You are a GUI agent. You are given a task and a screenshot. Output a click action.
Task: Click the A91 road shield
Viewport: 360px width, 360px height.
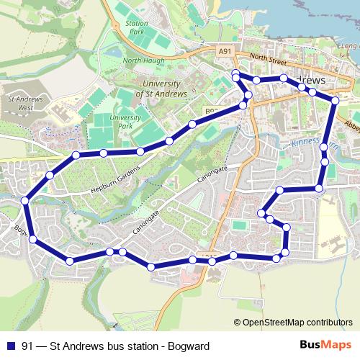(x=225, y=51)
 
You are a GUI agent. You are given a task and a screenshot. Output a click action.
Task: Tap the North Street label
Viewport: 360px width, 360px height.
(x=263, y=59)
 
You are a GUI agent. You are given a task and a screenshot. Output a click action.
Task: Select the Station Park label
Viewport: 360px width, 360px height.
(x=135, y=28)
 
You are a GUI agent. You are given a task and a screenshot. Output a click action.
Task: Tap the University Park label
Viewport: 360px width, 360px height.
(x=125, y=121)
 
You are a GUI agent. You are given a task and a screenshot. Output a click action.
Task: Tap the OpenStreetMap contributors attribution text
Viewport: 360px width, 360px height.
(x=297, y=322)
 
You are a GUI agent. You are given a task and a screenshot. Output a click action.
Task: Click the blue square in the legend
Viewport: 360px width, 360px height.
(x=10, y=345)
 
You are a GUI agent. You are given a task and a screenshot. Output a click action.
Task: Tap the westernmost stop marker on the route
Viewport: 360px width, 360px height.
(x=25, y=201)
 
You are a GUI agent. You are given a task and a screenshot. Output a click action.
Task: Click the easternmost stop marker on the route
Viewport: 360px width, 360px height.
(x=334, y=102)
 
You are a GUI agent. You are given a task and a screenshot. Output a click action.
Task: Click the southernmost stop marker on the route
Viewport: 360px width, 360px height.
(x=150, y=267)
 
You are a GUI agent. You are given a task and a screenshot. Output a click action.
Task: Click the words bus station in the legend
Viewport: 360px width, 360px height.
(x=122, y=345)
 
